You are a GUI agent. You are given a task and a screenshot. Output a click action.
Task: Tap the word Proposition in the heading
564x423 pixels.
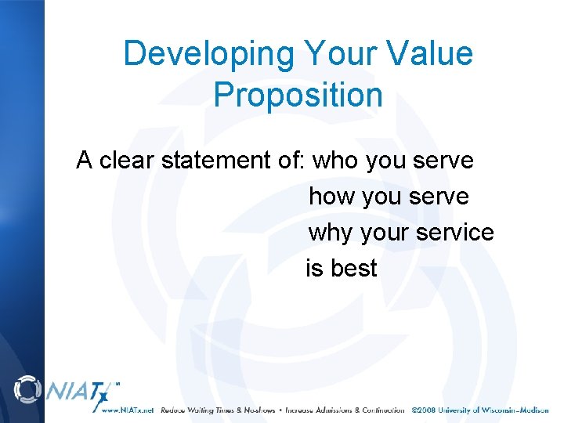point(298,96)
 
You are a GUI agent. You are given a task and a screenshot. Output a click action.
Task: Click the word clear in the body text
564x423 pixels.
point(127,161)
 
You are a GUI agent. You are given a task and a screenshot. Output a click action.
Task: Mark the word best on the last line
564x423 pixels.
point(353,269)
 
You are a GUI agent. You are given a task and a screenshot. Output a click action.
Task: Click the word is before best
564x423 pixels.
point(313,269)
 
